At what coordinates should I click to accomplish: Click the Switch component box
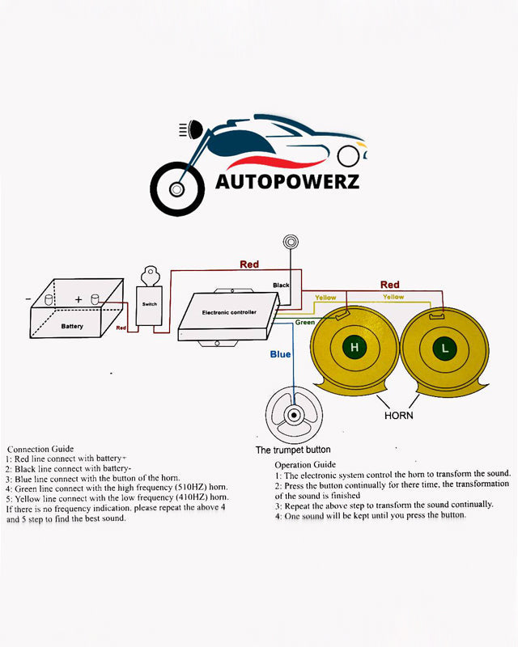(150, 304)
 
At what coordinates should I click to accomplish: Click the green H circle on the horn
(354, 348)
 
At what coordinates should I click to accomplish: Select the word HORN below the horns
(398, 416)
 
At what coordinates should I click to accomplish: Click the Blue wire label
(281, 353)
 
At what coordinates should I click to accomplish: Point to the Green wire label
(305, 322)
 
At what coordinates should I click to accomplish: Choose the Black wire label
(281, 285)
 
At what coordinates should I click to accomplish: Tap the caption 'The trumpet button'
(293, 450)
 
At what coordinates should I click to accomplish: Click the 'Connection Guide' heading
(40, 448)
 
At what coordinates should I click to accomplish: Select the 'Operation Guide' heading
(305, 464)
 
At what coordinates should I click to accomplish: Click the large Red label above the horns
(390, 285)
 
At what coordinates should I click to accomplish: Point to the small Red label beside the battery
(121, 328)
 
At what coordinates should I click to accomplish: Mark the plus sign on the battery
(79, 299)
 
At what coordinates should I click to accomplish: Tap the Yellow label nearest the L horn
(393, 297)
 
